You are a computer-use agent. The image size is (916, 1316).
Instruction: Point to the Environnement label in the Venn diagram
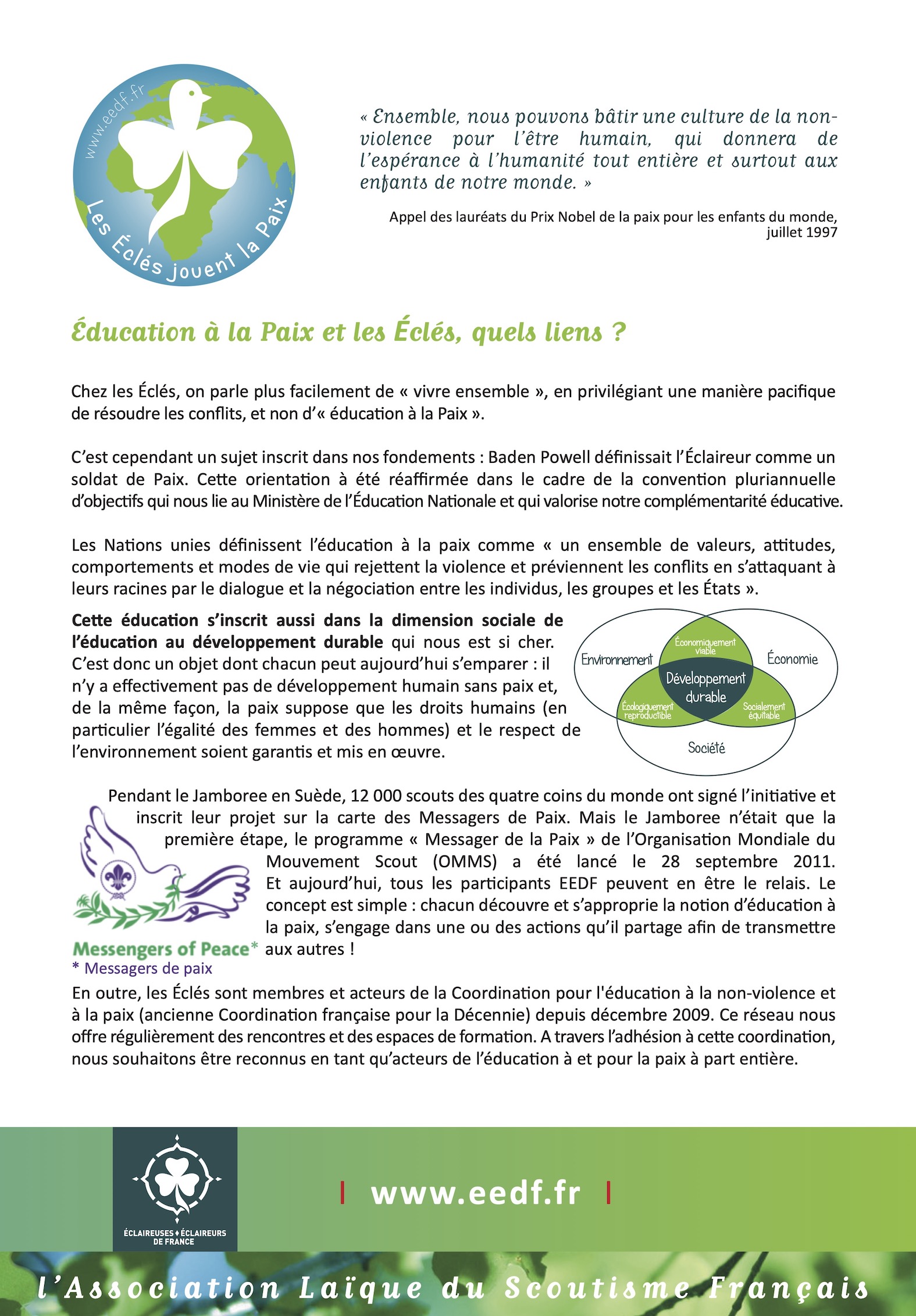(x=616, y=659)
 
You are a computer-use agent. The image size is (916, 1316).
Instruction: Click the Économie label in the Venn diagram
(x=792, y=659)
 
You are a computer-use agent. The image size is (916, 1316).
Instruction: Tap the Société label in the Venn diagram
(x=706, y=748)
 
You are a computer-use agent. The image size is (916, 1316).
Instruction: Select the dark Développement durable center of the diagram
(x=705, y=687)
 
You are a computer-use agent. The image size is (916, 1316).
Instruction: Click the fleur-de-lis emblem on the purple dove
(x=118, y=878)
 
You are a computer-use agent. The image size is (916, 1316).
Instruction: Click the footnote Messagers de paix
(x=142, y=969)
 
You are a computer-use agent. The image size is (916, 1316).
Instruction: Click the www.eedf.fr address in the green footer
(x=476, y=1194)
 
